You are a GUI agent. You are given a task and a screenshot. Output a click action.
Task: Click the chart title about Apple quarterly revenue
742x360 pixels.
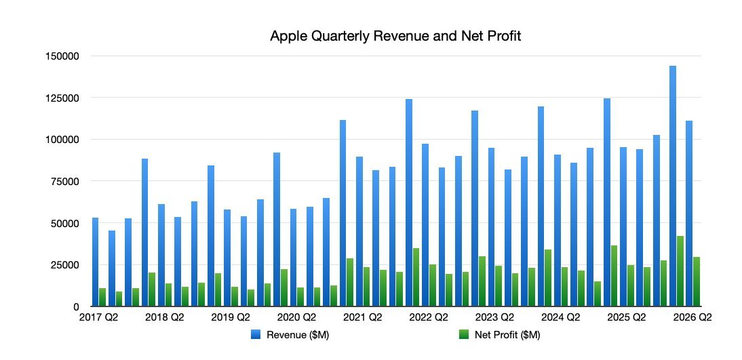tap(395, 36)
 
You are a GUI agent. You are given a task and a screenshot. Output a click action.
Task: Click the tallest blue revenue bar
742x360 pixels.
tap(672, 186)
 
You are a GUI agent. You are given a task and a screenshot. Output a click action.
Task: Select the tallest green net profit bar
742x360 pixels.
tap(680, 271)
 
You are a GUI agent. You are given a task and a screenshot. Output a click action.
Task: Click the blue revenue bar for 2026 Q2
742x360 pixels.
tap(688, 214)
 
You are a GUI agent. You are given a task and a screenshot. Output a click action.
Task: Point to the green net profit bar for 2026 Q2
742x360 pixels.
tap(697, 282)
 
